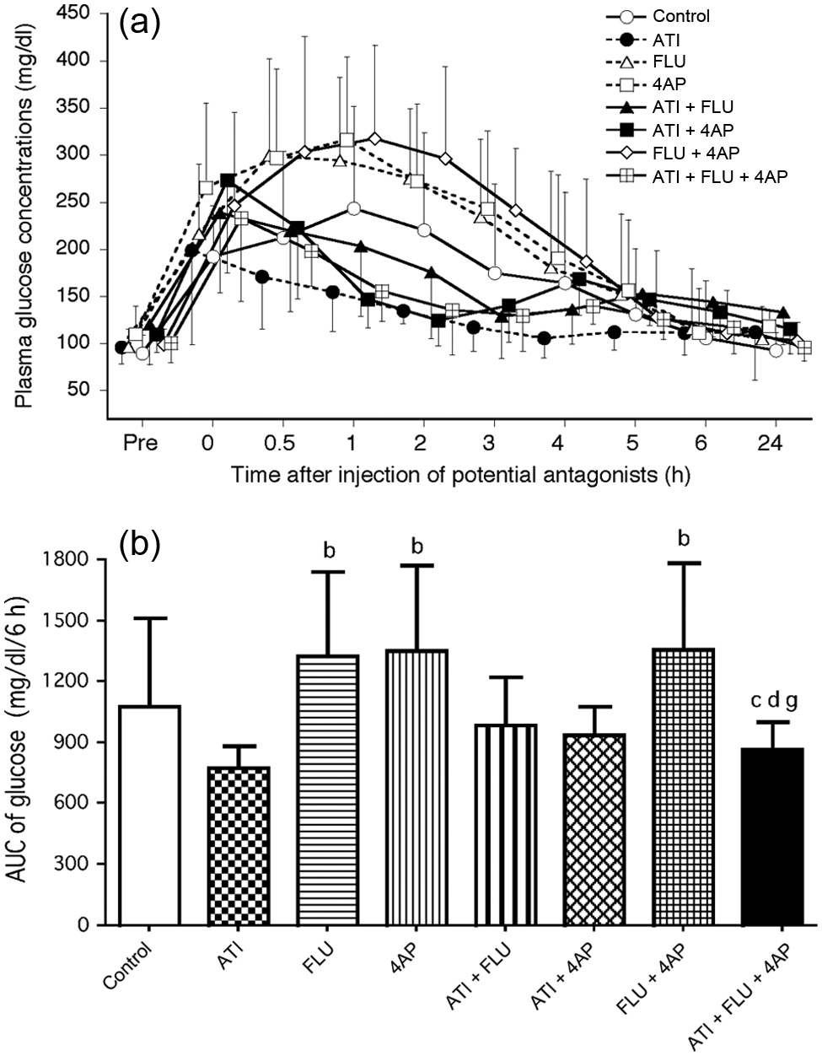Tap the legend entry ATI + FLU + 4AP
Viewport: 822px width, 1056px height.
pyautogui.click(x=696, y=176)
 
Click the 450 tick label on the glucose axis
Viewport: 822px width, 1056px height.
pyautogui.click(x=73, y=13)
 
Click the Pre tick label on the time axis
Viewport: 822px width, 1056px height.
pyautogui.click(x=140, y=443)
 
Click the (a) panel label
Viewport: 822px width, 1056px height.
pyautogui.click(x=140, y=24)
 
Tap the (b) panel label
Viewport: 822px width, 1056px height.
pyautogui.click(x=140, y=547)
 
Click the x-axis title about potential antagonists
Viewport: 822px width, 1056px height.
pyautogui.click(x=459, y=475)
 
